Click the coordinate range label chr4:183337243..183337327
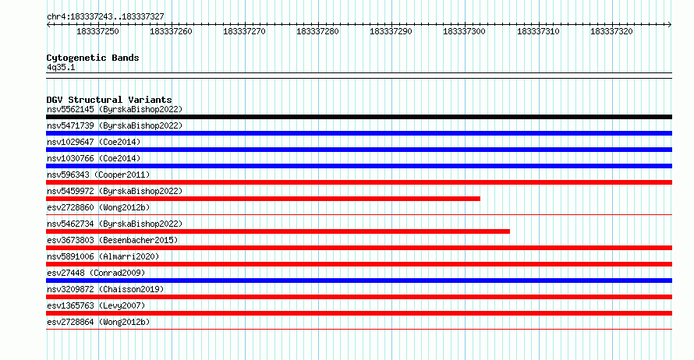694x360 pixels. pyautogui.click(x=105, y=17)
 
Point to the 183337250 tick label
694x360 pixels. pyautogui.click(x=97, y=31)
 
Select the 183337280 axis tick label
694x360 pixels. pyautogui.click(x=317, y=31)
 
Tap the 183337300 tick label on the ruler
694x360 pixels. pyautogui.click(x=464, y=31)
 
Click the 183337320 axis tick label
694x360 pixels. pyautogui.click(x=611, y=31)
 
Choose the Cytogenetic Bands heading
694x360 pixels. pyautogui.click(x=93, y=58)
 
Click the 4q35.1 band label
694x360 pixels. pyautogui.click(x=61, y=68)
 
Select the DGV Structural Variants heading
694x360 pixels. pyautogui.click(x=109, y=100)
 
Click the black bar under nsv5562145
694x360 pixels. pyautogui.click(x=359, y=117)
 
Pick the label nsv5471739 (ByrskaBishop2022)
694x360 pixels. pyautogui.click(x=115, y=126)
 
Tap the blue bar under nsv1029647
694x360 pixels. pyautogui.click(x=359, y=150)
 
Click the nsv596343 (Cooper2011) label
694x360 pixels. pyautogui.click(x=98, y=175)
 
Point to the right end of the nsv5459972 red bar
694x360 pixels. pyautogui.click(x=480, y=199)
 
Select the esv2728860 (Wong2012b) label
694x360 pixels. pyautogui.click(x=98, y=208)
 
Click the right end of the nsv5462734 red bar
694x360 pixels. pyautogui.click(x=509, y=231)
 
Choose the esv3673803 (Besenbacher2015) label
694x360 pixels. pyautogui.click(x=112, y=241)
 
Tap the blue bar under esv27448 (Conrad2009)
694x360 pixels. pyautogui.click(x=359, y=281)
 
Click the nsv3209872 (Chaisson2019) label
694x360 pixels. pyautogui.click(x=105, y=290)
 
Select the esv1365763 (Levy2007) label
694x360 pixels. pyautogui.click(x=96, y=306)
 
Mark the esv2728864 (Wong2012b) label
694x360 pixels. pyautogui.click(x=98, y=323)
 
